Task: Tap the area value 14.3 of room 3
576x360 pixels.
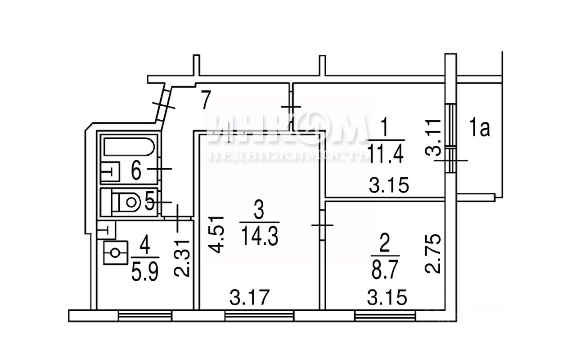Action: (260, 235)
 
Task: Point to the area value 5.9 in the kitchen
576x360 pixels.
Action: (145, 271)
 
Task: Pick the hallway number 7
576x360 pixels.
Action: (205, 100)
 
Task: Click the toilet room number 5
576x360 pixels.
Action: (150, 202)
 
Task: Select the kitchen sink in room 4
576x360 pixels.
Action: (116, 253)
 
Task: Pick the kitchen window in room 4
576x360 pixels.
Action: (145, 316)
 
